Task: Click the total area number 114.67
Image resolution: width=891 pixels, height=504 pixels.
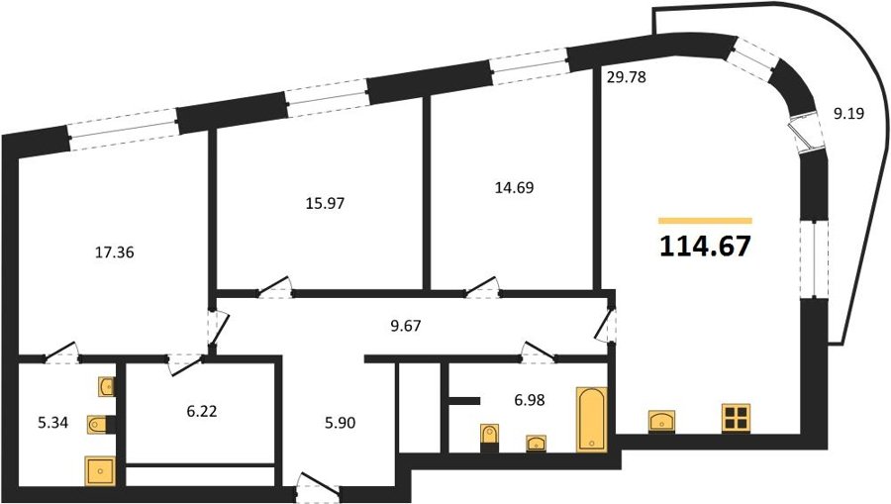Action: pos(705,247)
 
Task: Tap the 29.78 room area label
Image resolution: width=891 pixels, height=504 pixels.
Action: pos(627,76)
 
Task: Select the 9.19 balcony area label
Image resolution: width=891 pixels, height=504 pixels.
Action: pos(848,114)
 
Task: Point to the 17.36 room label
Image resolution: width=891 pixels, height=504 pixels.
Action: pos(114,252)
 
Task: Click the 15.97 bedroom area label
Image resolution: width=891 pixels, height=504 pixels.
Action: pos(325,203)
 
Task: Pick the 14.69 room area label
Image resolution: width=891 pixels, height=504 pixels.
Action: pos(514,187)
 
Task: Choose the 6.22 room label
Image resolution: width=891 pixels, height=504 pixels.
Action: pos(202,411)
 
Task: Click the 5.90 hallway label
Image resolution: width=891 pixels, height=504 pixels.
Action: pos(340,423)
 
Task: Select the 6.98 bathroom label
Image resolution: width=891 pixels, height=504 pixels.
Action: pos(529,400)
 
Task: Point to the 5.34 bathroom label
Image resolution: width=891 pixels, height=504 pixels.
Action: pos(52,423)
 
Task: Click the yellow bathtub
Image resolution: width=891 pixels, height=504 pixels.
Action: pos(592,419)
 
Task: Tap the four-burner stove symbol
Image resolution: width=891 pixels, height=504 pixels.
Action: pos(736,418)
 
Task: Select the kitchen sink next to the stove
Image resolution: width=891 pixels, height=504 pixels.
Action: pos(661,421)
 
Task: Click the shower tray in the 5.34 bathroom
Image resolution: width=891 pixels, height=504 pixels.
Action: pos(99,471)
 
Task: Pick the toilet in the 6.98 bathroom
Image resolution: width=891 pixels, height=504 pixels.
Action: pos(489,437)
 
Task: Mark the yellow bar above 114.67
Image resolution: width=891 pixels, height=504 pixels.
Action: pos(705,221)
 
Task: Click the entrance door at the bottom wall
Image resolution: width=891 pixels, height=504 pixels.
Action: pos(318,487)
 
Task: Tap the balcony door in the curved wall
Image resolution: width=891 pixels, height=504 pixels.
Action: pos(805,137)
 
